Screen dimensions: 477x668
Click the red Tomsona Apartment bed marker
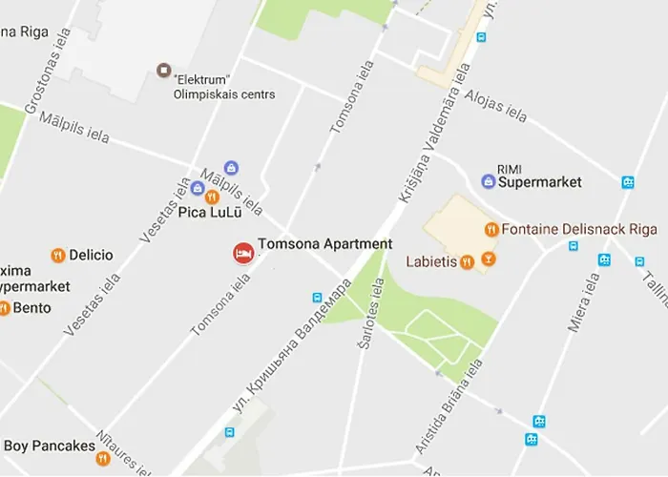243,253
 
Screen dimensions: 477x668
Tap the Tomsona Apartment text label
324,244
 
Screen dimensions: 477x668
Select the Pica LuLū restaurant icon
212,197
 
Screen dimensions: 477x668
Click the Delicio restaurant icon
58,255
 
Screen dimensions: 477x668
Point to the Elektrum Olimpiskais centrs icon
164,71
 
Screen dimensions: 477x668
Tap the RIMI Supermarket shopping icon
488,181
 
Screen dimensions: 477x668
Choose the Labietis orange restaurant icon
467,261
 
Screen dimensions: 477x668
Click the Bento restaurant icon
4,308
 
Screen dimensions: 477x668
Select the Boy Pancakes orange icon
103,458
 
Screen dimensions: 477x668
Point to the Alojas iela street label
495,106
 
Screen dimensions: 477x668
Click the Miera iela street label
584,302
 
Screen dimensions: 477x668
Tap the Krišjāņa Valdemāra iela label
434,148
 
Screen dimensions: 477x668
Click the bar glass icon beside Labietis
488,259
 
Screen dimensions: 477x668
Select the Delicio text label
91,255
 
